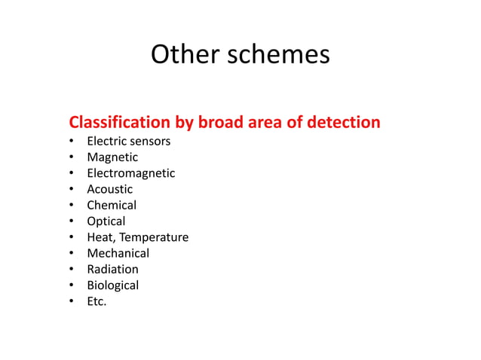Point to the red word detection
(342, 122)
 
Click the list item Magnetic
(112, 157)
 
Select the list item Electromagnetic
(130, 173)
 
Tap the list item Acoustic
(109, 189)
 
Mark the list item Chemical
(112, 205)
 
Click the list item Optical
(106, 221)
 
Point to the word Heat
(100, 237)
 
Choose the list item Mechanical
(118, 253)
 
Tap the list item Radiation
(112, 269)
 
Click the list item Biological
(112, 285)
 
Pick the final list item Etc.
(97, 301)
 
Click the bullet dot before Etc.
(71, 302)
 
